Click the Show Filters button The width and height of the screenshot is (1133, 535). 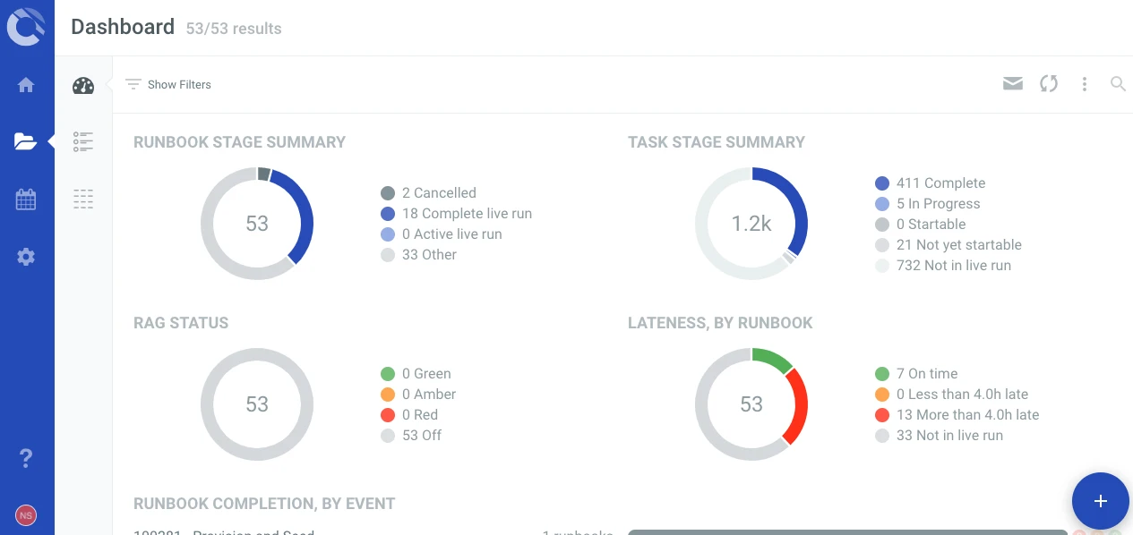(x=168, y=84)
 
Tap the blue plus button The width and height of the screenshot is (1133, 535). (x=1101, y=501)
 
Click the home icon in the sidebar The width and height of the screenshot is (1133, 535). (x=26, y=85)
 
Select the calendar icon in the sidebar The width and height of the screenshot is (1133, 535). (x=26, y=200)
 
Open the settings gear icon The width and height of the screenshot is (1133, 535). (x=26, y=257)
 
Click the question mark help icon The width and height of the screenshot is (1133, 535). (x=26, y=459)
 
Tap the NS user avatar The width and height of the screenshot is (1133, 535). (x=26, y=515)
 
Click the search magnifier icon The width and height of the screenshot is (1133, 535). (x=1118, y=84)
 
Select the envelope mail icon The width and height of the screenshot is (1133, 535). (x=1013, y=84)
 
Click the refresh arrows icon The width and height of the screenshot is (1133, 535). (x=1049, y=84)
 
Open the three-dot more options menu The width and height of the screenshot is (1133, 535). (x=1085, y=84)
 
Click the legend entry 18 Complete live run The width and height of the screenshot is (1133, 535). (x=467, y=214)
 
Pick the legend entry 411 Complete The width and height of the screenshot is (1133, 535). (x=940, y=183)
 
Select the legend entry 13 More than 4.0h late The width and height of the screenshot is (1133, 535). (x=966, y=415)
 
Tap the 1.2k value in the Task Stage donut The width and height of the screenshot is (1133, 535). (x=751, y=224)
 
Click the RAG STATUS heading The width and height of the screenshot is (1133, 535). (x=181, y=323)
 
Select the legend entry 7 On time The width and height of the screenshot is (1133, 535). (x=926, y=374)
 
